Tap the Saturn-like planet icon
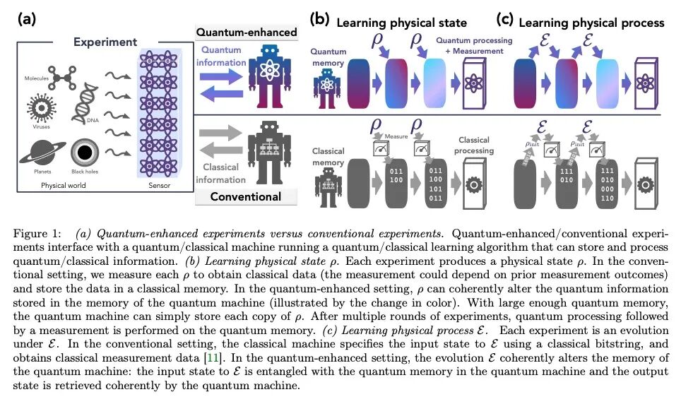[x=40, y=155]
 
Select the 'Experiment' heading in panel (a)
[x=107, y=42]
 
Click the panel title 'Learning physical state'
[x=391, y=23]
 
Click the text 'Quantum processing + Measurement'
[x=470, y=46]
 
